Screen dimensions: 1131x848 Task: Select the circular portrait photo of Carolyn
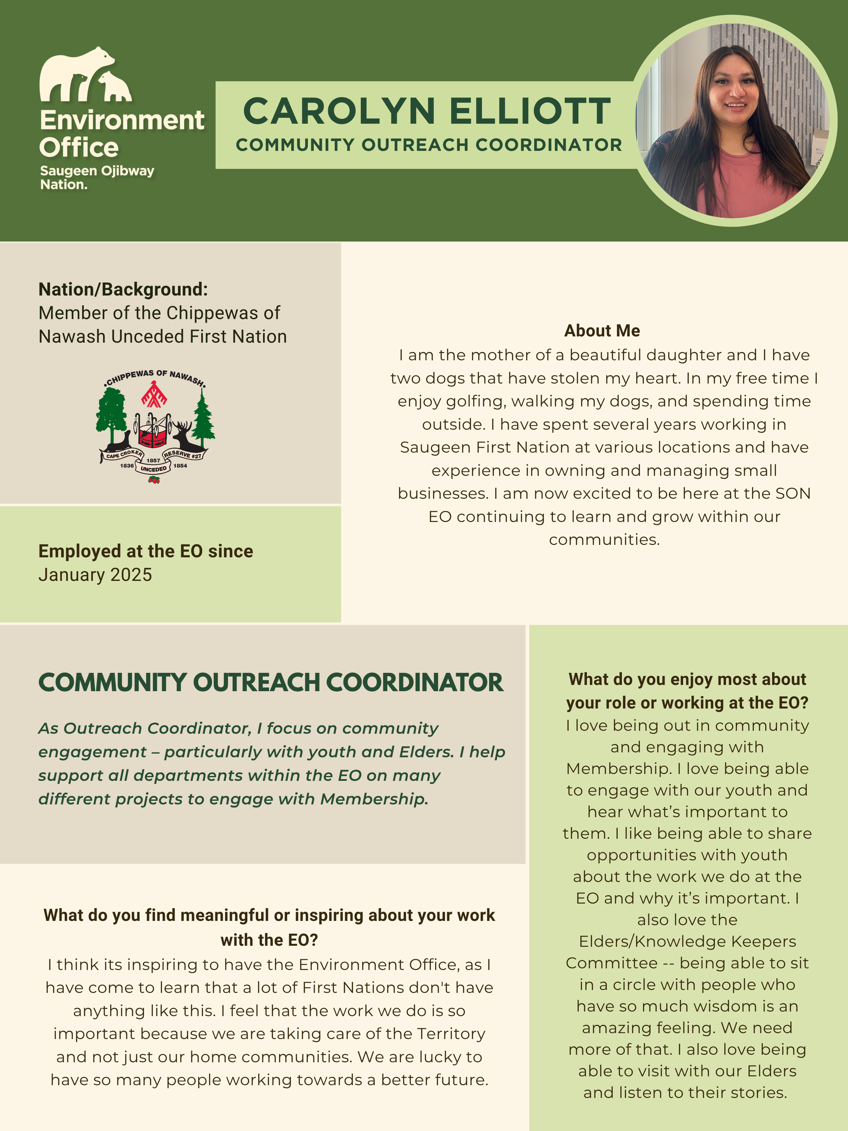[x=734, y=121]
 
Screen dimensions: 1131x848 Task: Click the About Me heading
[x=602, y=331]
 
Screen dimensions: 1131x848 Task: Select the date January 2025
[x=95, y=575]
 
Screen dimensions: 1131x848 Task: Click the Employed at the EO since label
[x=146, y=551]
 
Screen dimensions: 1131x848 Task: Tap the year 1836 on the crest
[x=127, y=466]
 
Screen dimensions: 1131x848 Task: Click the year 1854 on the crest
[x=180, y=466]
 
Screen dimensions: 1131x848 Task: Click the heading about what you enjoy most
[x=687, y=691]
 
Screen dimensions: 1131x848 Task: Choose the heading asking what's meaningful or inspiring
[x=269, y=927]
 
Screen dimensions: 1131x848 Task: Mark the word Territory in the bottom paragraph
[x=450, y=1033]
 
